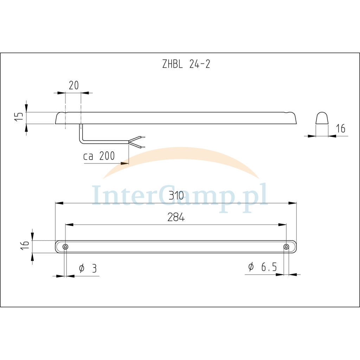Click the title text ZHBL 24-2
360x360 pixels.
click(186, 64)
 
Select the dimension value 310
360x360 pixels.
click(176, 195)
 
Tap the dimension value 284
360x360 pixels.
click(176, 217)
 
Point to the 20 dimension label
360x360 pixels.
click(74, 85)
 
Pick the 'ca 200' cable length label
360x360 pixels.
click(99, 156)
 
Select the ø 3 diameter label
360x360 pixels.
click(88, 268)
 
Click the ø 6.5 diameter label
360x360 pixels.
click(263, 266)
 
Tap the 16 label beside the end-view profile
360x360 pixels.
click(340, 129)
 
